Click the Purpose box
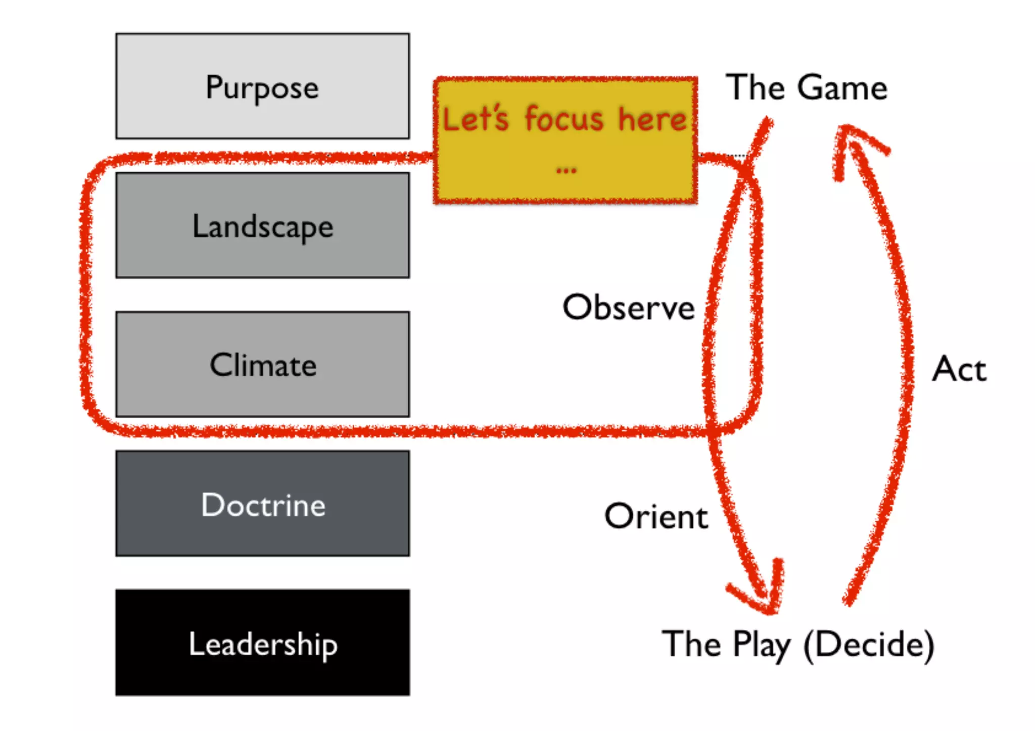pyautogui.click(x=262, y=86)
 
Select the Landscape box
pyautogui.click(x=262, y=225)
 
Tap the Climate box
pyautogui.click(x=262, y=364)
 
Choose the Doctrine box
pyautogui.click(x=262, y=504)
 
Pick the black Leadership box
pyautogui.click(x=262, y=643)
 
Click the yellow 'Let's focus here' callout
pyautogui.click(x=565, y=140)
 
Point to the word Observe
pyautogui.click(x=629, y=307)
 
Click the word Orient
pyautogui.click(x=656, y=516)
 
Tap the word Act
pyautogui.click(x=959, y=369)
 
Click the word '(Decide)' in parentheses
pyautogui.click(x=869, y=644)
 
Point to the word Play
pyautogui.click(x=762, y=645)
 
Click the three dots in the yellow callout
pyautogui.click(x=566, y=171)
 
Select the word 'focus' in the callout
pyautogui.click(x=564, y=119)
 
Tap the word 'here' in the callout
pyautogui.click(x=652, y=119)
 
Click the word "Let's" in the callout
pyautogui.click(x=475, y=119)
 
